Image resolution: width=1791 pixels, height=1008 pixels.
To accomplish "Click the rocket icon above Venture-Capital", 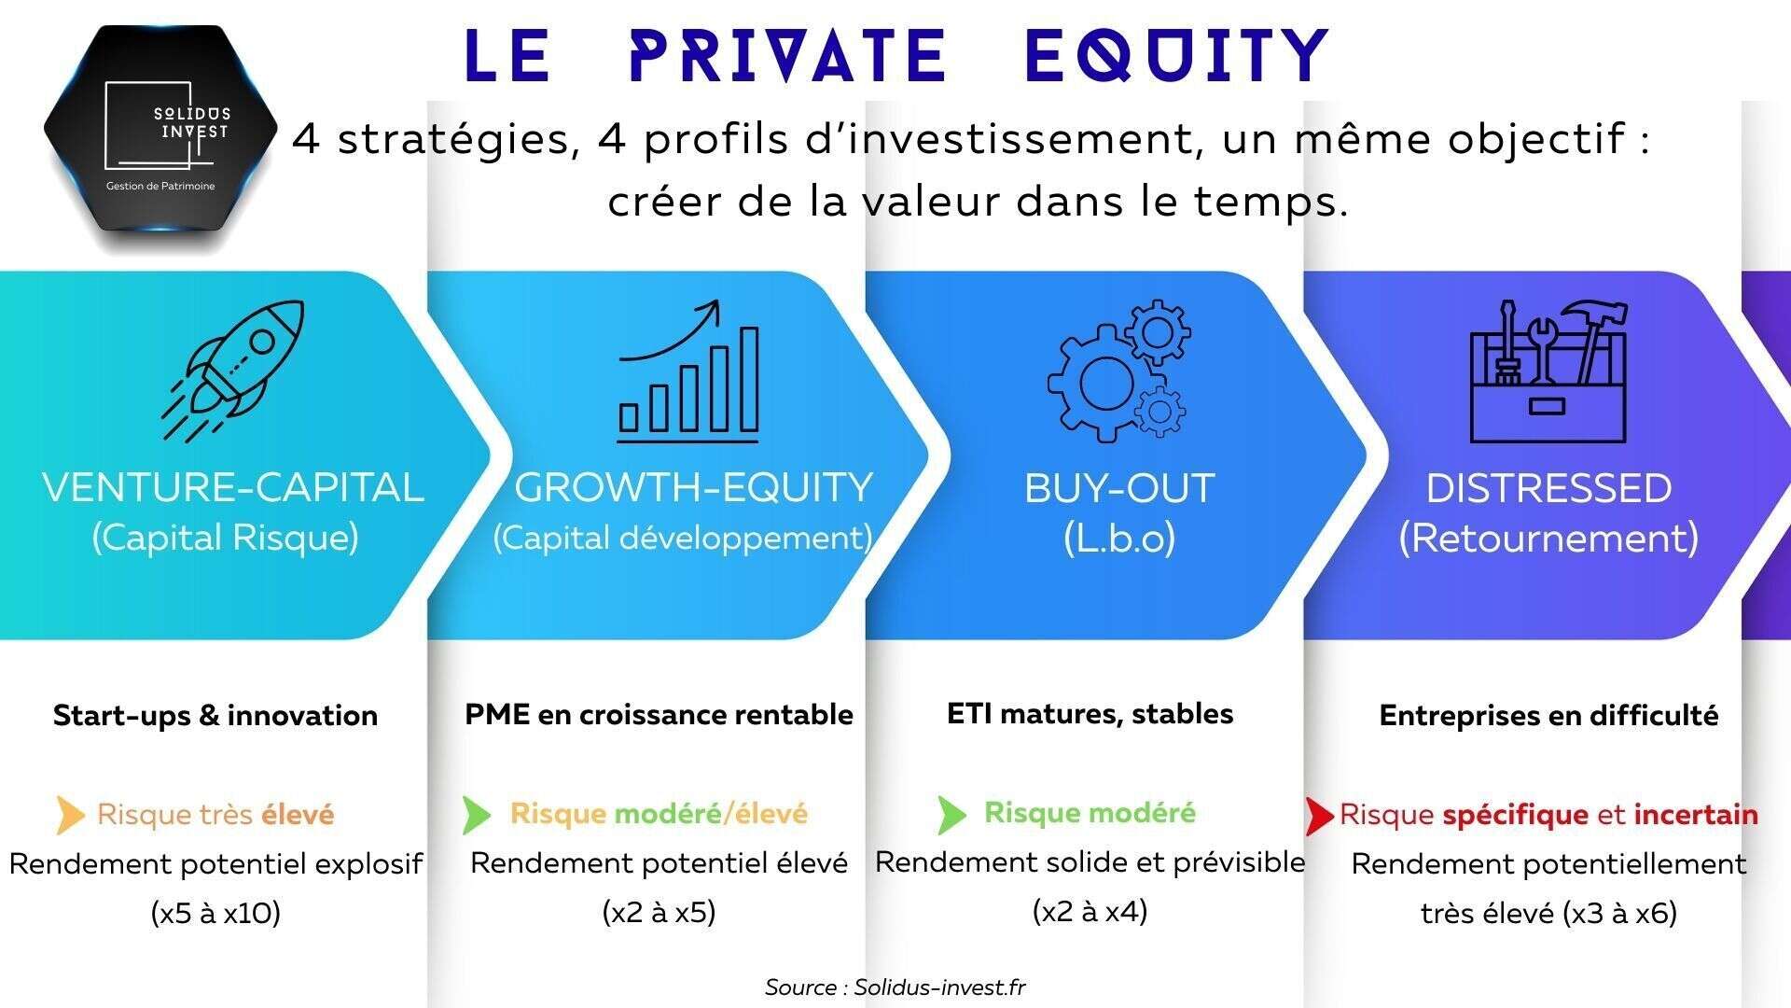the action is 233,370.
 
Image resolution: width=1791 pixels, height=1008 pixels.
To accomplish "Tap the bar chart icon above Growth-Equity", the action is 688,371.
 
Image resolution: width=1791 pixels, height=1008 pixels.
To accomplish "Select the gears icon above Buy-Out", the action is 1119,371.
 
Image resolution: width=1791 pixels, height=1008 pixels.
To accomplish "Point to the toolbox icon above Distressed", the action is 1548,371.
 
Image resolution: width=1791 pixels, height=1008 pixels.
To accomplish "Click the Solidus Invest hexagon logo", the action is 160,131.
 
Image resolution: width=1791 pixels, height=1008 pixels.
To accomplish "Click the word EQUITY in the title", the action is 1177,55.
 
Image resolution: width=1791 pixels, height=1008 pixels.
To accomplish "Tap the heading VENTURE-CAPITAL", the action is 233,488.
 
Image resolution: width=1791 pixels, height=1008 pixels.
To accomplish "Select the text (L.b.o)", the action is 1119,539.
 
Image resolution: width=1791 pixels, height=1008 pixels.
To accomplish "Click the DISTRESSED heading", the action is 1548,488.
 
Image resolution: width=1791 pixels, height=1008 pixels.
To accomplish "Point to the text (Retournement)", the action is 1548,539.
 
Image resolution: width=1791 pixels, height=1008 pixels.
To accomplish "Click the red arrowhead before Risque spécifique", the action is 1319,816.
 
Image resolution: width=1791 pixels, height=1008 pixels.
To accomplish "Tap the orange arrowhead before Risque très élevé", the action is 70,816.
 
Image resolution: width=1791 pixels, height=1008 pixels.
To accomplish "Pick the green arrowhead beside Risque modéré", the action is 952,815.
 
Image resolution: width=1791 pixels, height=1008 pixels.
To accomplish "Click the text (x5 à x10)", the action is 215,912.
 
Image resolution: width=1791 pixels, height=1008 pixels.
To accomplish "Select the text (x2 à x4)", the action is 1090,910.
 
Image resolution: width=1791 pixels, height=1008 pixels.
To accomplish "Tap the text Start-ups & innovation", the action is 215,715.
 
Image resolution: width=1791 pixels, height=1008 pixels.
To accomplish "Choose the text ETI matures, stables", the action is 1090,714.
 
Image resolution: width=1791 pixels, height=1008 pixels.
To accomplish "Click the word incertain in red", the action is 1696,814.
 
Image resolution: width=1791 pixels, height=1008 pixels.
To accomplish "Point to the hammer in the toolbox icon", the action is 1596,340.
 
